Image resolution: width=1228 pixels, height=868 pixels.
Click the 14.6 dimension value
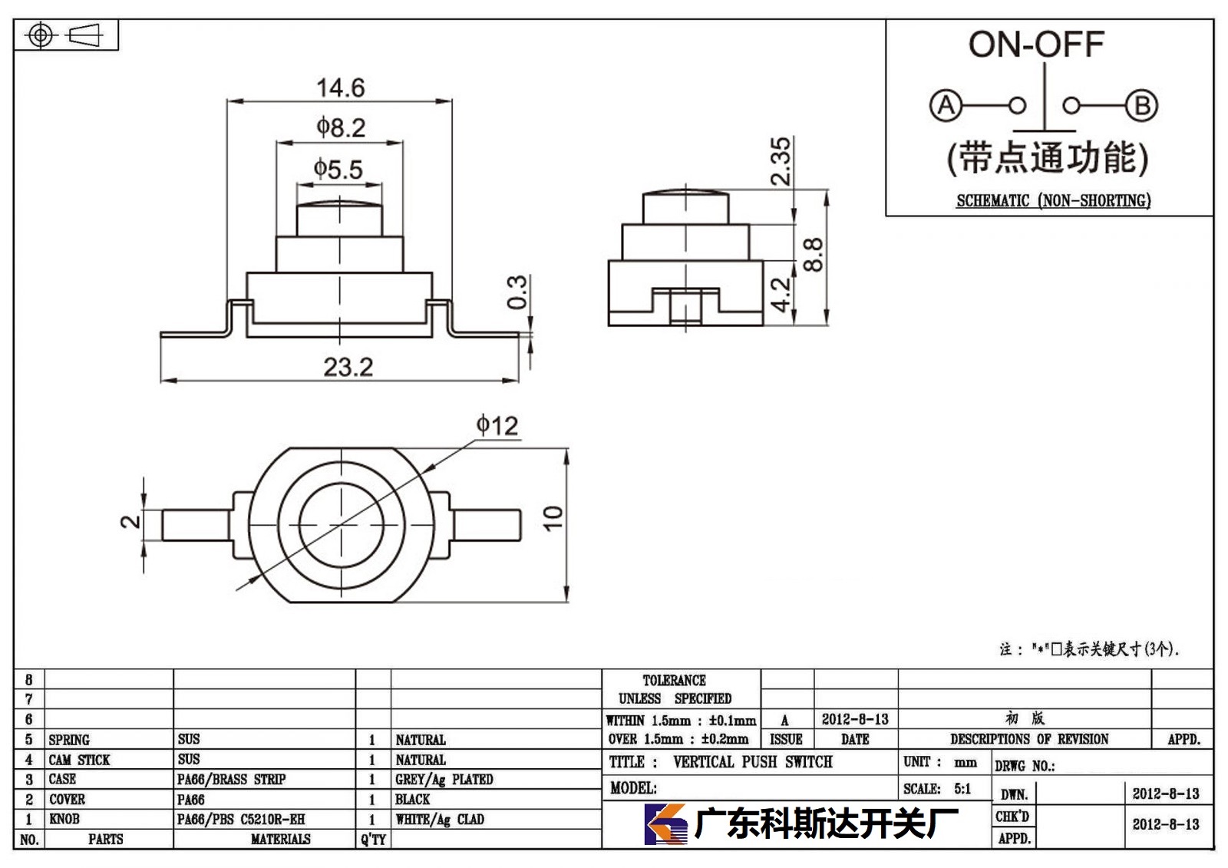click(341, 87)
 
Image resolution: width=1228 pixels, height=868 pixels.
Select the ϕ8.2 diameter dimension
click(341, 127)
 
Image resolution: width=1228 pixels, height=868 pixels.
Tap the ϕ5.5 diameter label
click(338, 170)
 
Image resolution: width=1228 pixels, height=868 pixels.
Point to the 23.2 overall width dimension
click(348, 367)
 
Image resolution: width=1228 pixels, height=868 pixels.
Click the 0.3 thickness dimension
click(517, 292)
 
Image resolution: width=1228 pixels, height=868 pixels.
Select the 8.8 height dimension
click(813, 255)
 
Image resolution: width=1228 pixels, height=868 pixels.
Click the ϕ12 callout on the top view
click(497, 425)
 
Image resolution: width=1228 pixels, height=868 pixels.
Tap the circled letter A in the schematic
click(946, 105)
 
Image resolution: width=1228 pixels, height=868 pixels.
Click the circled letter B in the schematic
click(1142, 105)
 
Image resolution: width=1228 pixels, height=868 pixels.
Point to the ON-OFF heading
click(1036, 45)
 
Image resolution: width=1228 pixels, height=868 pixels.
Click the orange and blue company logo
click(665, 823)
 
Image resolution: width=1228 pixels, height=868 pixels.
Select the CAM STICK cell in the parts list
click(79, 760)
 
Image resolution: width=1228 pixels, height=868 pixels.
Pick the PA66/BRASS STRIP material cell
click(231, 779)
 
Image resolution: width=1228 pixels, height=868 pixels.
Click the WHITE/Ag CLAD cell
click(440, 819)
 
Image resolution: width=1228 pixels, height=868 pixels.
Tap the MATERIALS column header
click(281, 839)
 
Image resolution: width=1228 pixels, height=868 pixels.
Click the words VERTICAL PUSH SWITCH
click(753, 761)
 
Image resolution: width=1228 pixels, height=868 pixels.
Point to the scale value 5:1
click(962, 788)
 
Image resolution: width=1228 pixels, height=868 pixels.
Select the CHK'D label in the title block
click(1012, 817)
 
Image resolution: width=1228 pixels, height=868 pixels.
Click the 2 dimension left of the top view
click(130, 521)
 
